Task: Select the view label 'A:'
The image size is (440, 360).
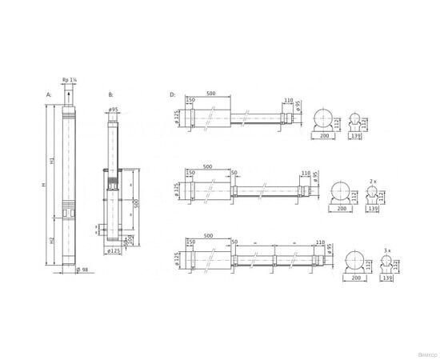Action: pos(49,95)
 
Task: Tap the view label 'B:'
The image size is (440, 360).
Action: pos(109,95)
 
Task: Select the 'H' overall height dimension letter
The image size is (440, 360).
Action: pos(45,186)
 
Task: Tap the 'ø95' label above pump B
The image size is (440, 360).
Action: pos(114,109)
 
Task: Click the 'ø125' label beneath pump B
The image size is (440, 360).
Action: pos(114,250)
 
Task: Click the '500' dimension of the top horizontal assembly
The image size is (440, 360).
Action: pos(210,93)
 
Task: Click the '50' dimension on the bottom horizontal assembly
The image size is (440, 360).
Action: pos(234,242)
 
